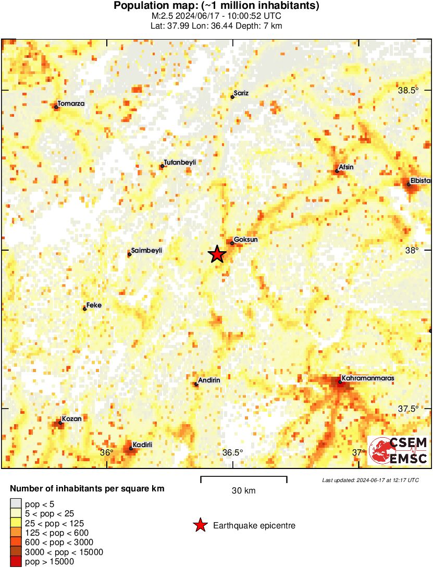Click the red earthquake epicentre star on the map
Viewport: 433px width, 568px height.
pos(217,254)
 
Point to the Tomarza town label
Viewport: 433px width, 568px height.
pos(71,104)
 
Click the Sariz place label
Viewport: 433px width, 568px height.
pos(241,93)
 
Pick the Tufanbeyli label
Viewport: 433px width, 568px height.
pos(180,163)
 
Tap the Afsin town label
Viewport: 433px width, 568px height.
pos(347,168)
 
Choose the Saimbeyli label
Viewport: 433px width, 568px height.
pos(147,251)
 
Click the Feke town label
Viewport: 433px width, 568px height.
pos(94,305)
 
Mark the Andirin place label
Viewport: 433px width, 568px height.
pos(209,380)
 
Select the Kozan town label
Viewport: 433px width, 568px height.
pos(71,418)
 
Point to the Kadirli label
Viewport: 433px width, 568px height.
pos(142,444)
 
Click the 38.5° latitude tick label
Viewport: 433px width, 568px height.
pos(409,90)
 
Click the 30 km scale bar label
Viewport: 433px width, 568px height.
pos(243,490)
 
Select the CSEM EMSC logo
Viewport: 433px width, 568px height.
pos(398,450)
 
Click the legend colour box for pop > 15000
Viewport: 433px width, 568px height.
pos(16,561)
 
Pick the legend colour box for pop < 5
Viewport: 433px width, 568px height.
pos(16,504)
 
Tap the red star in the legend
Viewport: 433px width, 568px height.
pos(200,525)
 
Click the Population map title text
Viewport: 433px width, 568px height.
pos(216,6)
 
